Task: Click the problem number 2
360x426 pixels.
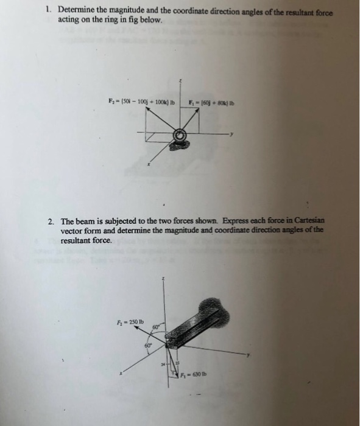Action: (51, 220)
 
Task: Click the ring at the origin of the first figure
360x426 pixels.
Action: (180, 136)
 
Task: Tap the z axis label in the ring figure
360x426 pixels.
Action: (180, 80)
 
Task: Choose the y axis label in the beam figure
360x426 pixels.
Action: (248, 355)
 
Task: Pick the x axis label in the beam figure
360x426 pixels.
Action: (121, 373)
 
